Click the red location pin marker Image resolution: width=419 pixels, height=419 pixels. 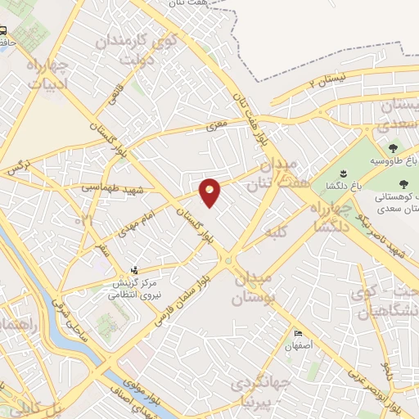[210, 191]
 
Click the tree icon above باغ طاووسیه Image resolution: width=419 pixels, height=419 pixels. [393, 148]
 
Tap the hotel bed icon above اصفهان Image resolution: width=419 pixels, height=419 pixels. [299, 334]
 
